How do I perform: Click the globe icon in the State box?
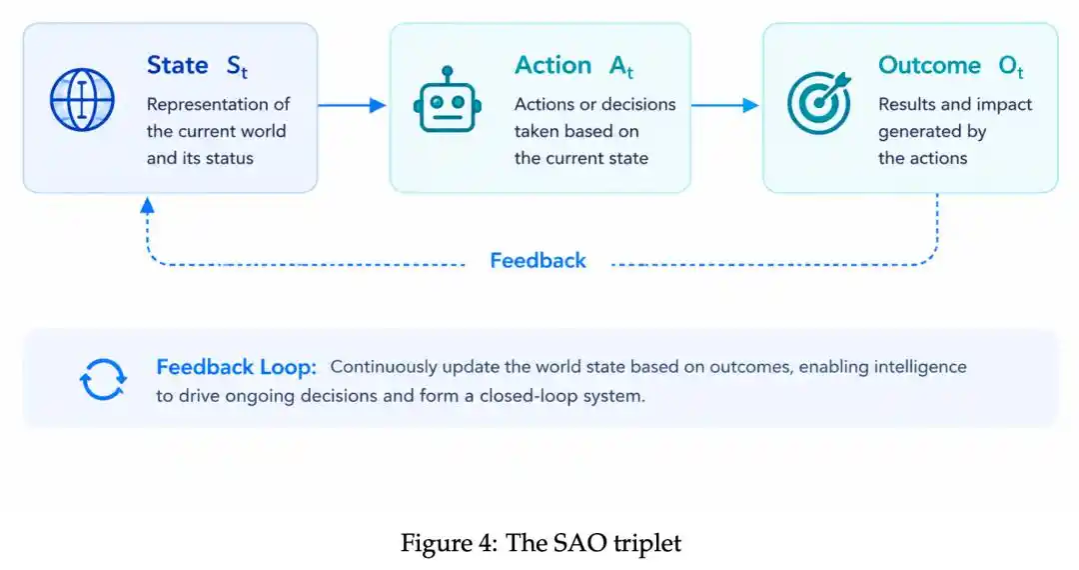click(82, 100)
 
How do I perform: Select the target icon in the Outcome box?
click(819, 102)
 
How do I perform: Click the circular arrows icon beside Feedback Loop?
click(103, 379)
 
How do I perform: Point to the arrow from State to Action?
click(352, 105)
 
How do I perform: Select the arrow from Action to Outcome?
click(725, 105)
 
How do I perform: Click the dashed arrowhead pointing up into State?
click(147, 205)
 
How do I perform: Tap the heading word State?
click(178, 65)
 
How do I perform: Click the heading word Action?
click(553, 65)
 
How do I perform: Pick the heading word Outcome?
click(930, 65)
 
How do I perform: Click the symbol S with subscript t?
click(237, 67)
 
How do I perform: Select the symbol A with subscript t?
click(621, 67)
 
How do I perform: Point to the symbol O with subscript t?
click(1011, 67)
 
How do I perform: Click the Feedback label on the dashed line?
click(539, 260)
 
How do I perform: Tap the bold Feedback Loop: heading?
click(236, 367)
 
